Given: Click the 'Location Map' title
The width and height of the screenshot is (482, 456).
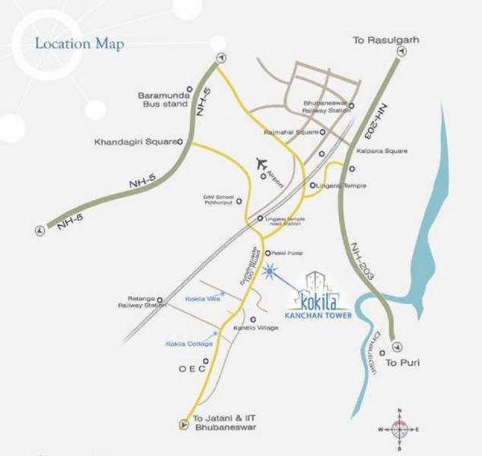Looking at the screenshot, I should point(79,43).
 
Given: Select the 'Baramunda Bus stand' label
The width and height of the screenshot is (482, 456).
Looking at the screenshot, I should point(158,100).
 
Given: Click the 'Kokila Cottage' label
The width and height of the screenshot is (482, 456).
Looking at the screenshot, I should point(190,343).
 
